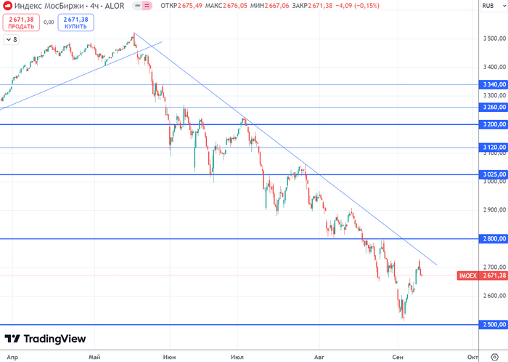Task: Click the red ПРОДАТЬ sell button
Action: pos(20,23)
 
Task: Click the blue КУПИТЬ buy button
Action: pos(75,23)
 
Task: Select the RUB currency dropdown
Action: pos(492,6)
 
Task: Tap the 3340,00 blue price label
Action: pos(493,84)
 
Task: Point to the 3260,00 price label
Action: pos(493,107)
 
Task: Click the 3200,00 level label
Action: pos(493,124)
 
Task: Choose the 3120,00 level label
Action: pos(493,147)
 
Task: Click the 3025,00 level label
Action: pos(493,174)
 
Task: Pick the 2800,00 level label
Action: pos(493,238)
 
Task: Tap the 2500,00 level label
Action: pos(493,324)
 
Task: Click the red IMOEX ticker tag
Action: pos(468,275)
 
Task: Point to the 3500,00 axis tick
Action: pos(493,38)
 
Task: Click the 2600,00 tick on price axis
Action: pos(493,296)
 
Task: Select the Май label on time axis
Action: pos(94,357)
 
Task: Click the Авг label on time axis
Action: pos(318,357)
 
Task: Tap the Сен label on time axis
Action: pos(397,357)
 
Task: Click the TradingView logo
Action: pos(45,339)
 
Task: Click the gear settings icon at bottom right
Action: pos(495,357)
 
